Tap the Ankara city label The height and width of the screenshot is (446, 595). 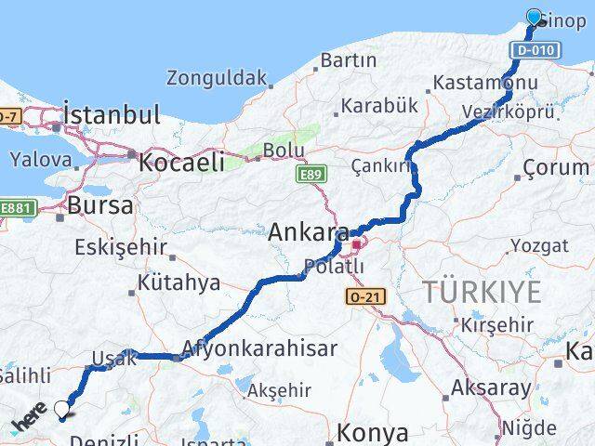(310, 232)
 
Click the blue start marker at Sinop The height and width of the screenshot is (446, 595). (534, 18)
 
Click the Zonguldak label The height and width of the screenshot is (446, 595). (218, 78)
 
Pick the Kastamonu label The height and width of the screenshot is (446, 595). (483, 84)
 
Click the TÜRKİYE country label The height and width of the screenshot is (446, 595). (482, 291)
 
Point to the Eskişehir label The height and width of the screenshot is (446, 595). (122, 248)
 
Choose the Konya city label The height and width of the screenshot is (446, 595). (372, 432)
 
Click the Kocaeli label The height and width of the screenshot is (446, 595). (182, 162)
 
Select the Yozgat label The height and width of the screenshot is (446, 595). (539, 246)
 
